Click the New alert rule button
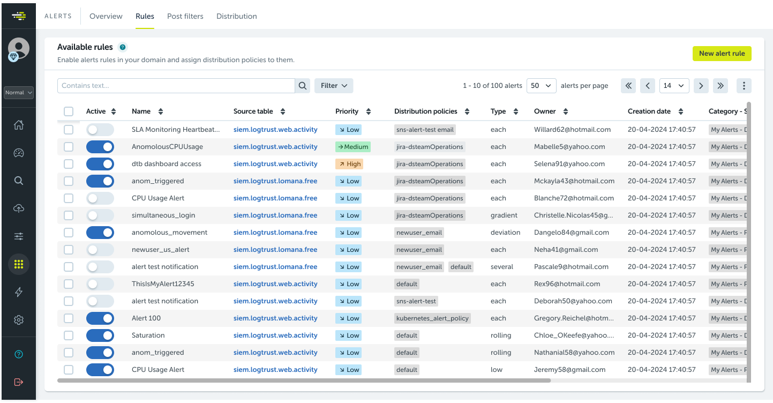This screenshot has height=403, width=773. [x=722, y=54]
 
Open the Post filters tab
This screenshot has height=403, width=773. [x=185, y=16]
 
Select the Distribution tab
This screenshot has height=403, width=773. [x=236, y=16]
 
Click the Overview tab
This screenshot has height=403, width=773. [x=106, y=16]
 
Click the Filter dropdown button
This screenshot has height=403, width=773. [x=333, y=86]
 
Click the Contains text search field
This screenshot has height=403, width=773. [x=176, y=86]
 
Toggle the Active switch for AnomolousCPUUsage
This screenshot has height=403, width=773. [x=100, y=147]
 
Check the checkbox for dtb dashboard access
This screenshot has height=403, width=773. [x=69, y=164]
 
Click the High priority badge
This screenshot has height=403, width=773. [x=349, y=164]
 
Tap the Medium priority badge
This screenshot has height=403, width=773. [x=352, y=147]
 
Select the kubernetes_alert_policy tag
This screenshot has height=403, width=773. [x=432, y=318]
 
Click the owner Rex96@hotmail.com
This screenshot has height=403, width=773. [x=567, y=284]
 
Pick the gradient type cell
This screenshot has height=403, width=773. [x=504, y=215]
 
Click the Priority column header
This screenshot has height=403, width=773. [x=347, y=111]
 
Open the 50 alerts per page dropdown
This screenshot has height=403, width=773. [x=541, y=86]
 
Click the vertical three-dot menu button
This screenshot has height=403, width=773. [x=744, y=86]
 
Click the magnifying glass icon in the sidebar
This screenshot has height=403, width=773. [x=19, y=181]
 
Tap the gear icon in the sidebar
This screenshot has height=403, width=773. [x=19, y=320]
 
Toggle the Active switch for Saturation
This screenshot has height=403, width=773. [x=100, y=335]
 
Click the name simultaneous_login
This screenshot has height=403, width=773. [x=163, y=215]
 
